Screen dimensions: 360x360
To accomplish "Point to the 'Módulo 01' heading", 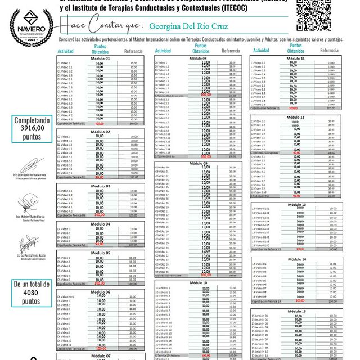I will [100, 58].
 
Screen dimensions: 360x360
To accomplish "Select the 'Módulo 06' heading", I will [100, 292].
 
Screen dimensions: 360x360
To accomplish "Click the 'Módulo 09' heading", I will [197, 163].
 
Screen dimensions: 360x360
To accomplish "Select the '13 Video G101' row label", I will [261, 209].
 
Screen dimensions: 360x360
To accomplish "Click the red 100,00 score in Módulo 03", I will [100, 215].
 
